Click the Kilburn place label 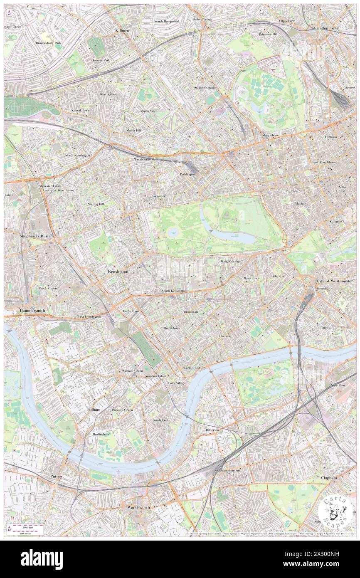[x=123, y=31]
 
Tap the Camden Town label [x=326, y=28]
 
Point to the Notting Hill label [x=96, y=204]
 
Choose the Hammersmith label [x=32, y=311]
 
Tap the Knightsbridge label [x=230, y=262]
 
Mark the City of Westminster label [x=335, y=281]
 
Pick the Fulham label [x=94, y=410]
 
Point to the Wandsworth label [x=138, y=508]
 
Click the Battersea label [x=212, y=430]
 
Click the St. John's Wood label [x=205, y=88]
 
